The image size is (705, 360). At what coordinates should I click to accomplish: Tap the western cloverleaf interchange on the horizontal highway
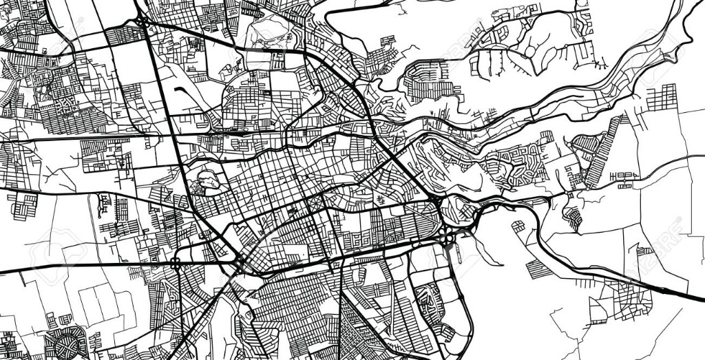coord(176,262)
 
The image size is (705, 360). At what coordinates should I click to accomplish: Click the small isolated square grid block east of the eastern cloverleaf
coord(518,226)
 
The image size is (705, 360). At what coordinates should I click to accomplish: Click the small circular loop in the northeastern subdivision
coord(529,50)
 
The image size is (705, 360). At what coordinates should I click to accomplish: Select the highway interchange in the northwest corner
coord(143,23)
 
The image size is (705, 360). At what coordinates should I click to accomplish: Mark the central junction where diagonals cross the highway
coord(239,262)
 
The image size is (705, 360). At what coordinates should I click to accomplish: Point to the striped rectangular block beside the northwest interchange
coord(125,35)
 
